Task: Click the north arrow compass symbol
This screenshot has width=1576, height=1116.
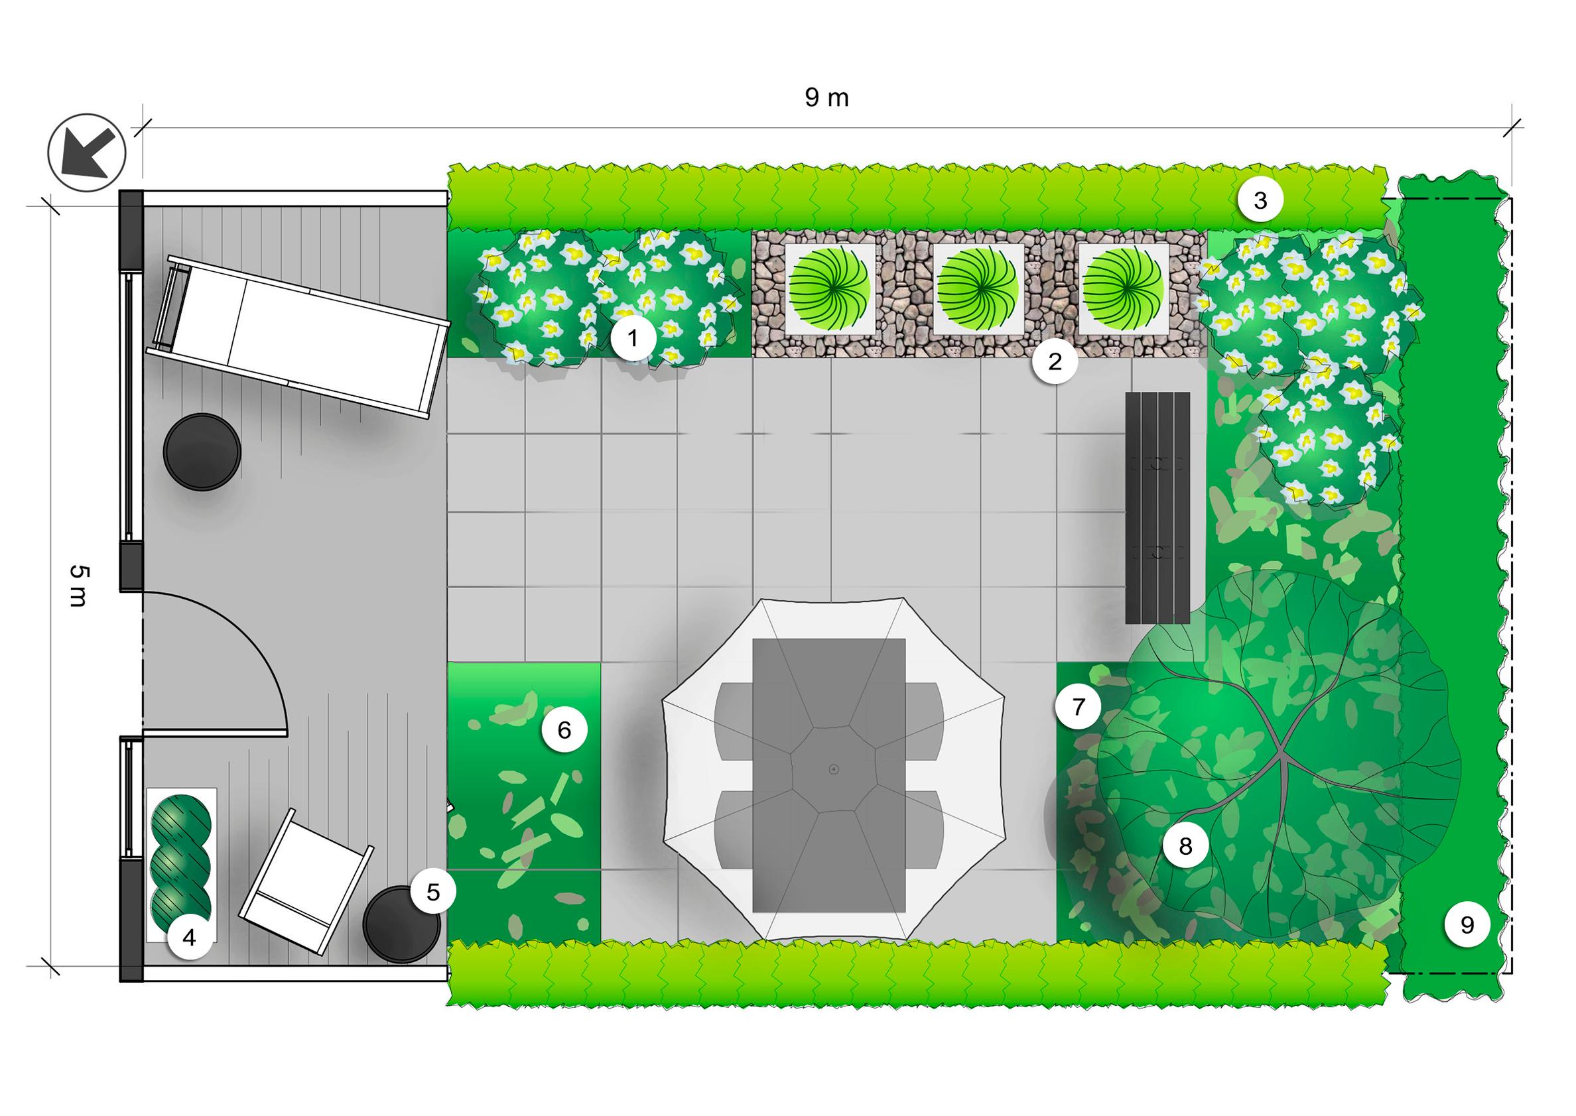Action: tap(87, 153)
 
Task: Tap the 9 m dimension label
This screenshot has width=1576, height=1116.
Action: tap(827, 98)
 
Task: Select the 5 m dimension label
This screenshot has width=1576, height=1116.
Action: tap(78, 586)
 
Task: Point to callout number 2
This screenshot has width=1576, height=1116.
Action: tap(1055, 361)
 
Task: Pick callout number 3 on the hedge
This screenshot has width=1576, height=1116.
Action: tap(1260, 200)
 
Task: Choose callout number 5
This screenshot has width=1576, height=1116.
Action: tap(433, 891)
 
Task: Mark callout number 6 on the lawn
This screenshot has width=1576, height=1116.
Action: tap(564, 730)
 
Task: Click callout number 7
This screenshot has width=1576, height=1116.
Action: tap(1078, 706)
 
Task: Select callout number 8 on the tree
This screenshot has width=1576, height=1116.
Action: tap(1185, 846)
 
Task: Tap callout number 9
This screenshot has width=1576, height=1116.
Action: tap(1467, 925)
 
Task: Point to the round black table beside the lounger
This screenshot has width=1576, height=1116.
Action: tap(202, 452)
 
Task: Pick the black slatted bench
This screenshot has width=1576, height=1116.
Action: tap(1157, 508)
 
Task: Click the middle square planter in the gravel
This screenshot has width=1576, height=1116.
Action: tap(976, 288)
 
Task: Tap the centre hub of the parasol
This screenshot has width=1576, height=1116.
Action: tap(834, 769)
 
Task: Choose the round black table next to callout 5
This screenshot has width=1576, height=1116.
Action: tap(401, 924)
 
